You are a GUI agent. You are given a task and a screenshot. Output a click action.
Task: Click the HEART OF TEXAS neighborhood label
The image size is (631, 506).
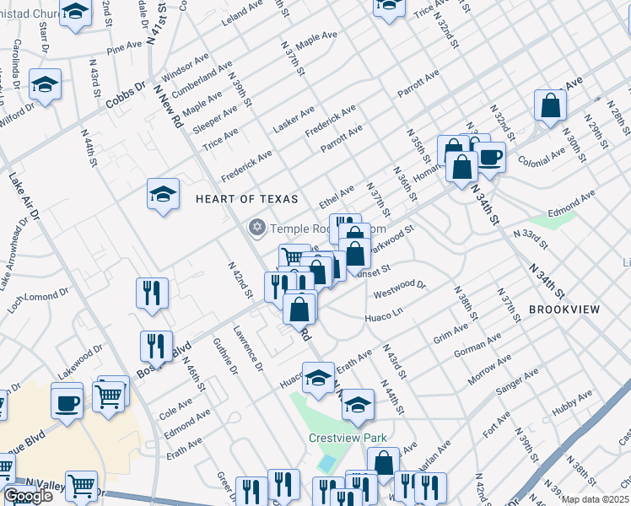tap(247, 199)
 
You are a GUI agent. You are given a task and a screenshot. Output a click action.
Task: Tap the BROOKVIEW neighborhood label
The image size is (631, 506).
tap(564, 310)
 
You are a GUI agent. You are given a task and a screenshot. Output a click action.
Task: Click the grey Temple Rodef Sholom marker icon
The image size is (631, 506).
tap(256, 228)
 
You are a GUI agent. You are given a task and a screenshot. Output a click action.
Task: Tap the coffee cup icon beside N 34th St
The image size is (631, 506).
tap(489, 155)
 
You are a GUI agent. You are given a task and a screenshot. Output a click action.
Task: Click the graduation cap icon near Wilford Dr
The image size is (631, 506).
tap(45, 83)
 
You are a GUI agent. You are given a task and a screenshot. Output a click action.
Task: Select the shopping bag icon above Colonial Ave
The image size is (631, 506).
tap(550, 105)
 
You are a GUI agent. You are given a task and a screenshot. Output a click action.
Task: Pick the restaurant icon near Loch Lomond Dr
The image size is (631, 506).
tap(152, 293)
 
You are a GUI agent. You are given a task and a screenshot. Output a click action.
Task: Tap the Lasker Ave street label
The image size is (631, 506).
tap(294, 121)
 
